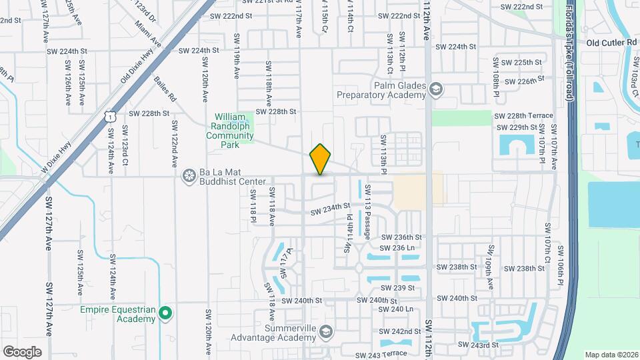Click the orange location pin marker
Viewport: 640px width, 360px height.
(x=321, y=160)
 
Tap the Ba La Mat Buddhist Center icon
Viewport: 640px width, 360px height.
(x=189, y=176)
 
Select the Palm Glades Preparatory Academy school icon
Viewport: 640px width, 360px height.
(x=436, y=89)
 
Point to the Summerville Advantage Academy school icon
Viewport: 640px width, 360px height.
(x=327, y=331)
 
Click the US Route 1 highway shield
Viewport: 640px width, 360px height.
(x=109, y=117)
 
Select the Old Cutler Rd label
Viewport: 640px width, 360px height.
(x=611, y=43)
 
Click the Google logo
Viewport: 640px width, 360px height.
(x=22, y=351)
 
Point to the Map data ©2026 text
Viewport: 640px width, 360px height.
(x=611, y=355)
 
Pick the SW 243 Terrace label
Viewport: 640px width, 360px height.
(x=381, y=355)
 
